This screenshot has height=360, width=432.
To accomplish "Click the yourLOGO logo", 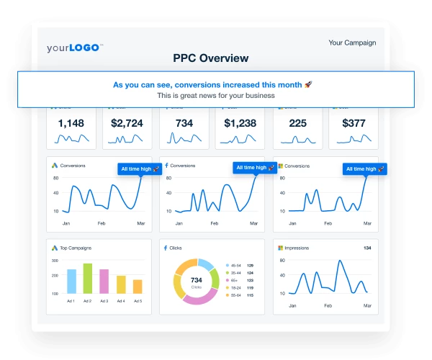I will pos(75,48).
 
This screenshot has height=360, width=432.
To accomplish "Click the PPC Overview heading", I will pos(211,58).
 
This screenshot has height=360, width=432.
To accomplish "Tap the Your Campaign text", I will pos(352,42).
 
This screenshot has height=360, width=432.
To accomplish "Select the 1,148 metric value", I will pos(71,123).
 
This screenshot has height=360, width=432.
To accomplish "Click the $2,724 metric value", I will pos(127,123).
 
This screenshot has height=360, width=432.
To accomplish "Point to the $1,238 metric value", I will pos(240,123).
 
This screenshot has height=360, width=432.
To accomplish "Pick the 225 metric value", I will pos(297,123).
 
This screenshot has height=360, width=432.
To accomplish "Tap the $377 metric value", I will pos(354,123).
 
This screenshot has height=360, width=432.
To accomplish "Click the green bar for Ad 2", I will pos(88,279).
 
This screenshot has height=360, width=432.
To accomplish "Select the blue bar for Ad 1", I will pos(71,282).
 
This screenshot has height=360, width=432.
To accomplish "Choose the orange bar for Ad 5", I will pos(138,287).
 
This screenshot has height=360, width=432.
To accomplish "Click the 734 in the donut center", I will pos(197,279).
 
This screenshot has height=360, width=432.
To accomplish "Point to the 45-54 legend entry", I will pos(235,266).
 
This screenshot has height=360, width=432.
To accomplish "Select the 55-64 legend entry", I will pos(235,296).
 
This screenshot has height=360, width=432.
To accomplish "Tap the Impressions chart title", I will pos(297,248).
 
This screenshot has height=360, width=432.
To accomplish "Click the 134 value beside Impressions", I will pos(366,248).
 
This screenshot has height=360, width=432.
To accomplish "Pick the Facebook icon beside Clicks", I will pos(166,248).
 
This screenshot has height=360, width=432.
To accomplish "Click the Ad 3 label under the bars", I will pos(104,301).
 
